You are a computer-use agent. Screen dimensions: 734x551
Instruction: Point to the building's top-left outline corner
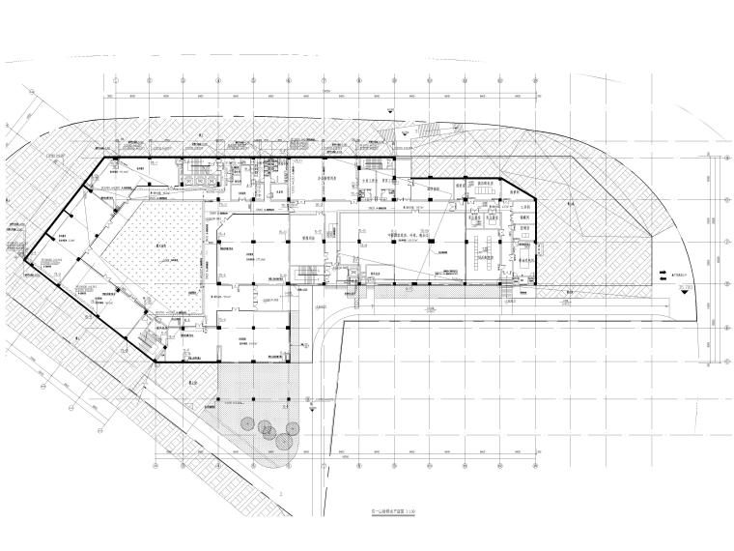tap(104, 158)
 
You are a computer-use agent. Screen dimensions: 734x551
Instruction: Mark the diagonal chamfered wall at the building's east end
tap(517, 188)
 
